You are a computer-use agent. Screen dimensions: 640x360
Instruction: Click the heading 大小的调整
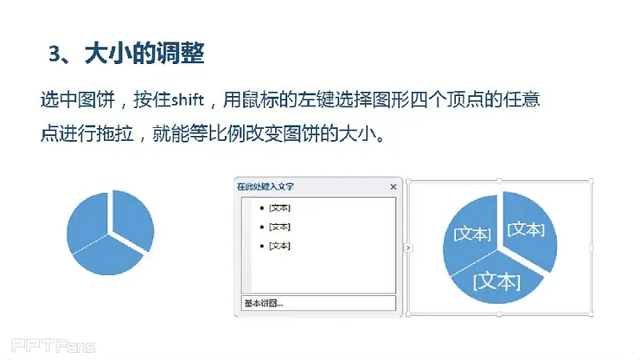pos(145,53)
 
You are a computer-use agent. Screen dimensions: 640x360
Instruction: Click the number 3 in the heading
pos(54,54)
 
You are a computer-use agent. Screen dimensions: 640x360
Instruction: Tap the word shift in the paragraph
pos(187,99)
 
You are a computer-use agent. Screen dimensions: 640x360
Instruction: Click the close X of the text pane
pos(393,186)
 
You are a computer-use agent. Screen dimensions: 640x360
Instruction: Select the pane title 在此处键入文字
pos(266,186)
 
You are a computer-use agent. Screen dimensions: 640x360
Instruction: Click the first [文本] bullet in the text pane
pos(279,208)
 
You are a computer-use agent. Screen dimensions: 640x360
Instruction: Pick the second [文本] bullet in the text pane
pos(279,226)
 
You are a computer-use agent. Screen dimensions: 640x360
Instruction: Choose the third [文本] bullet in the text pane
pos(279,246)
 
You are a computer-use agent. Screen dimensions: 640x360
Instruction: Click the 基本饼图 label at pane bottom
pos(264,303)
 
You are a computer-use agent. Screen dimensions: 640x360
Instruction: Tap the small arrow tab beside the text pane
pos(408,248)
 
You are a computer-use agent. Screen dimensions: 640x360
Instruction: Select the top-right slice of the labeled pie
pos(530,229)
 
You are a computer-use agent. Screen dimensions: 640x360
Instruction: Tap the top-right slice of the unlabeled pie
pos(133,218)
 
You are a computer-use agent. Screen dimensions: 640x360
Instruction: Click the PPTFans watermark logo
pos(54,346)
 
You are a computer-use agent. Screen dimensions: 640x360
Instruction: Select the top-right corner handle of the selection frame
pos(591,181)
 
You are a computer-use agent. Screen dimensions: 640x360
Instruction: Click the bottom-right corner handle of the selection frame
pos(591,314)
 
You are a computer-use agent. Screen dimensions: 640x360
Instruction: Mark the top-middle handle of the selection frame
pos(499,181)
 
